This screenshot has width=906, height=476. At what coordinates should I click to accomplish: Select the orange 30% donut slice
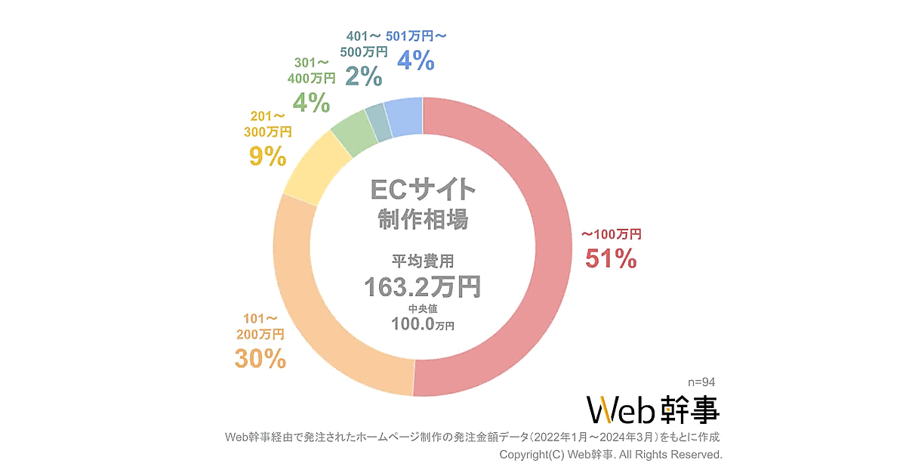[317, 317]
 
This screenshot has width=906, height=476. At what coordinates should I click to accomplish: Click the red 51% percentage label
[611, 259]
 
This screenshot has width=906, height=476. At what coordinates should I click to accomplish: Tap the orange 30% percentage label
[260, 359]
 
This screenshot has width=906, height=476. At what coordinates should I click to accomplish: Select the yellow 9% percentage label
[267, 156]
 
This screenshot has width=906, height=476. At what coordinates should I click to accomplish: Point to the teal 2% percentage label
[363, 76]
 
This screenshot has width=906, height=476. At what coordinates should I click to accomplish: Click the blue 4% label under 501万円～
[415, 60]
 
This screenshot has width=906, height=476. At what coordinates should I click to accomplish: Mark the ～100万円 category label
[611, 235]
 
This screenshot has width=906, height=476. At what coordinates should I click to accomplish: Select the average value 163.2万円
[423, 286]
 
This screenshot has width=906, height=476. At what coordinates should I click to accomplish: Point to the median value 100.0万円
[423, 324]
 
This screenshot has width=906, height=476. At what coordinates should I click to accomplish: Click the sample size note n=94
[702, 382]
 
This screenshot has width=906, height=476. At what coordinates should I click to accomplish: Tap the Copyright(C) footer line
[611, 455]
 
